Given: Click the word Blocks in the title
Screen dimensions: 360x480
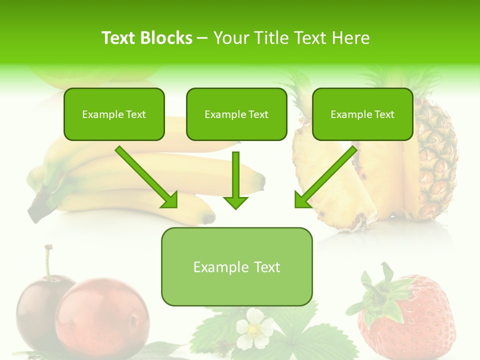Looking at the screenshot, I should [167, 38].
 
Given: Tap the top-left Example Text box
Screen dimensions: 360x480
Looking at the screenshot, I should [114, 114].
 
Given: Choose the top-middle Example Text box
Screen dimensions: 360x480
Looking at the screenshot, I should [236, 114].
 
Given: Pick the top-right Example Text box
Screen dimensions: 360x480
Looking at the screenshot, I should [362, 114].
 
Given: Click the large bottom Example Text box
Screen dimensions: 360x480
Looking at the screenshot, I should [236, 267].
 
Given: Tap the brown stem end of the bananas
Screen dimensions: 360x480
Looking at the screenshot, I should [37, 205].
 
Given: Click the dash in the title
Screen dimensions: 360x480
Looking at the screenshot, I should [202, 38].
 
